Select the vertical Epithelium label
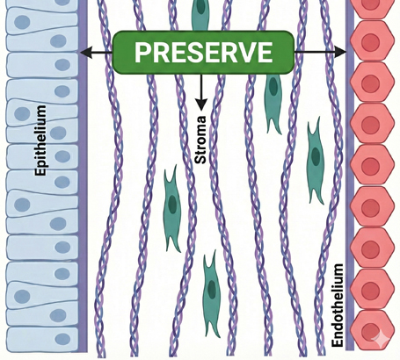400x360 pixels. click(x=40, y=140)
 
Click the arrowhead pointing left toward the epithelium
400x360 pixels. click(x=84, y=54)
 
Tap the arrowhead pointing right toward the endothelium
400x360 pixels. click(x=342, y=54)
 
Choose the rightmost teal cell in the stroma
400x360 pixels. click(x=315, y=159)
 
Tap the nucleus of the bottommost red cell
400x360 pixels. click(x=373, y=334)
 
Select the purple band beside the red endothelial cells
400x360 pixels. click(x=350, y=176)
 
